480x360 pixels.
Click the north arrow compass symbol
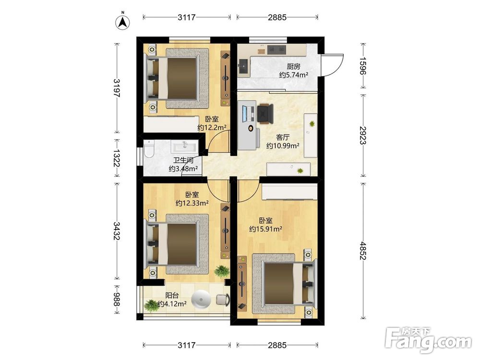point(122,22)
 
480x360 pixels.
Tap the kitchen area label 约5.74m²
point(293,75)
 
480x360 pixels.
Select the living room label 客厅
point(282,137)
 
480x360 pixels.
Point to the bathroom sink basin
point(185,146)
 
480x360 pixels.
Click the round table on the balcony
point(201,299)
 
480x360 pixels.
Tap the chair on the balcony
point(223,300)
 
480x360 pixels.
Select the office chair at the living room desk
point(265,114)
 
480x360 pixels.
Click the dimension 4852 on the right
point(363,251)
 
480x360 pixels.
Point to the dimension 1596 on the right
point(363,66)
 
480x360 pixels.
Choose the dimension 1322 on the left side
point(116,158)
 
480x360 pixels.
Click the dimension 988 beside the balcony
point(116,300)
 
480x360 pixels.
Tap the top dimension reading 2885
point(277,17)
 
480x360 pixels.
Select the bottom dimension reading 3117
point(186,345)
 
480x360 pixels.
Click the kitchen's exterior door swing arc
point(335,66)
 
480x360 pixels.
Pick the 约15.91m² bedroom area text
point(265,228)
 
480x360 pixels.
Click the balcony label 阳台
point(172,295)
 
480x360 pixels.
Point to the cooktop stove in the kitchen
point(276,49)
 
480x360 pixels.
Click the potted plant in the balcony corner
point(151,305)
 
